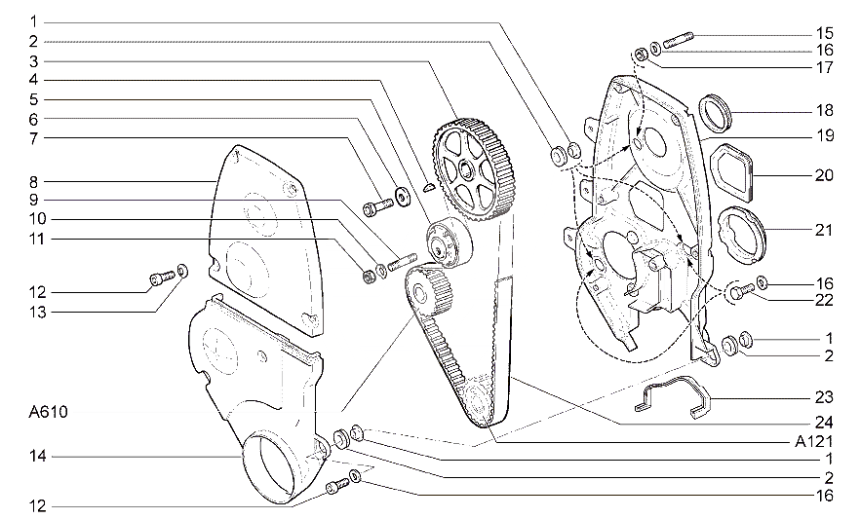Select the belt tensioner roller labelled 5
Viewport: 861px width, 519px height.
449,241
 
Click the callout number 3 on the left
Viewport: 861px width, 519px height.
33,61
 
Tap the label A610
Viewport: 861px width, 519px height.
49,412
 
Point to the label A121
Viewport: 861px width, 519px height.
814,441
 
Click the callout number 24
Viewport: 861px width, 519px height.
824,422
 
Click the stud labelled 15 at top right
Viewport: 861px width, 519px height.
679,40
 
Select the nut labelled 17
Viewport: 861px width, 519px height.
641,54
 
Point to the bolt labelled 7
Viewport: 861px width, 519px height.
378,206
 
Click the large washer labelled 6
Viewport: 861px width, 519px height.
404,197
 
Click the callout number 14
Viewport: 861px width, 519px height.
38,456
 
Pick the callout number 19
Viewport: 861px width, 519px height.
825,135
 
